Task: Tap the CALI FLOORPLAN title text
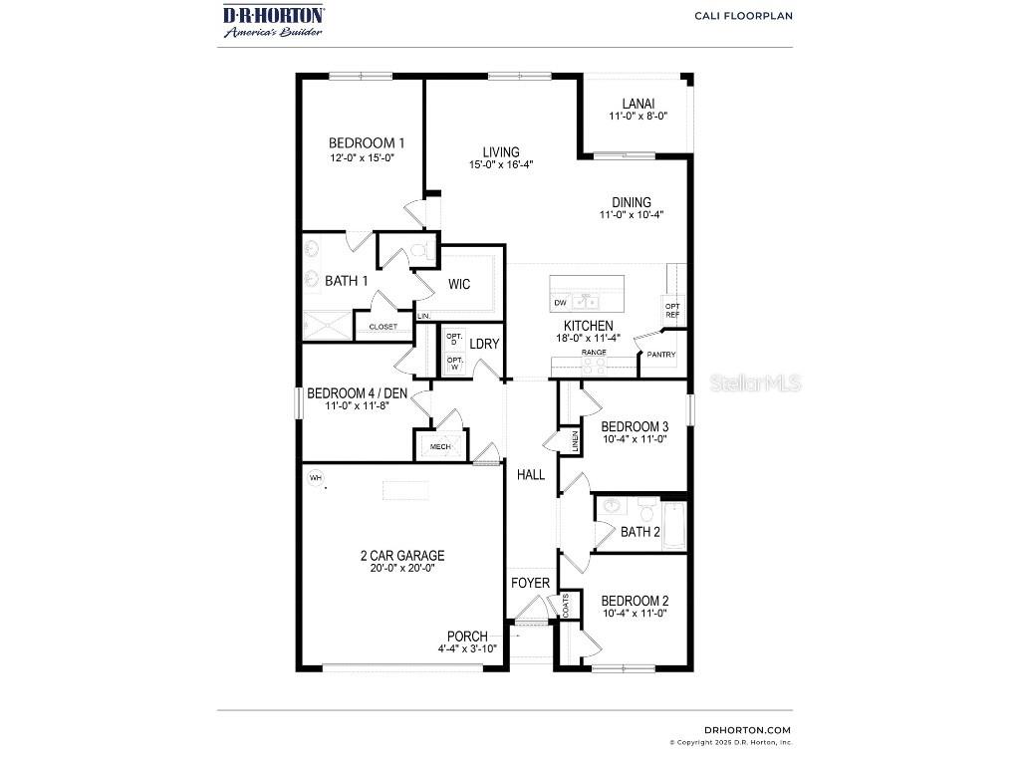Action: pos(743,16)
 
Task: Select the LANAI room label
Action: pos(637,103)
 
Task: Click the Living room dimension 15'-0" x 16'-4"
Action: pos(501,165)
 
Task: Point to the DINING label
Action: pos(632,201)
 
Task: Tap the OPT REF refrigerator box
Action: pos(673,311)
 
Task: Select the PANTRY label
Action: pos(661,355)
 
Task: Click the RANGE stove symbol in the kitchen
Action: pos(595,367)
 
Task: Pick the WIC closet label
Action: pos(458,285)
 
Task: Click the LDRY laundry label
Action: pos(484,345)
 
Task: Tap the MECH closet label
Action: pos(440,447)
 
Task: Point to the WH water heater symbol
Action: pos(316,478)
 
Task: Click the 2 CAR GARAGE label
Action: pos(402,556)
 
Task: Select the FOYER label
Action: pos(530,583)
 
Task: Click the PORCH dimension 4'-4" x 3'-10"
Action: pos(467,649)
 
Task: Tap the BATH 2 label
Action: pos(640,532)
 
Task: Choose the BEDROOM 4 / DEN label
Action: pos(357,392)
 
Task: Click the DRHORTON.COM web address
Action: pos(747,730)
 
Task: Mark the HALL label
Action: pos(531,475)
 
